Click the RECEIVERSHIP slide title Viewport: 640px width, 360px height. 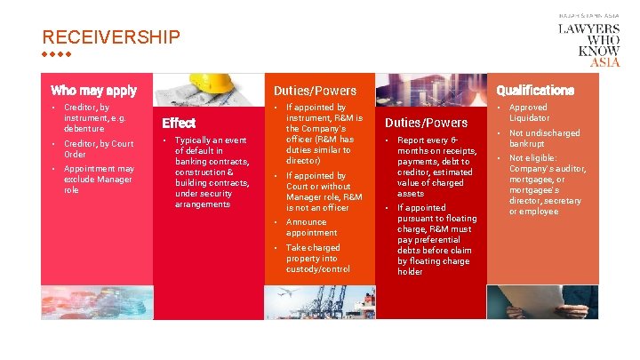(111, 37)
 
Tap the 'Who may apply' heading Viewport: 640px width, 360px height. (94, 90)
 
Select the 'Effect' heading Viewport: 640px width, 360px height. (179, 123)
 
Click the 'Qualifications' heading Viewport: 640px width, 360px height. (535, 90)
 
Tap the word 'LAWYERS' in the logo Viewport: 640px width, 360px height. (588, 28)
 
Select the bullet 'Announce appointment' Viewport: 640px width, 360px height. (311, 227)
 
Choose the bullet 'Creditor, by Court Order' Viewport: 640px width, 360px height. (98, 148)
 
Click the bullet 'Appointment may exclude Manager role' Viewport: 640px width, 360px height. (99, 179)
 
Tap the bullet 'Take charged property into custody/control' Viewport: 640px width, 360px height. (317, 258)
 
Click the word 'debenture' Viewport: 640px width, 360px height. (84, 129)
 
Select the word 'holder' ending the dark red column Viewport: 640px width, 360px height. (410, 271)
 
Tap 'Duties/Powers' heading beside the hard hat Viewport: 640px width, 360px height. (315, 90)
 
